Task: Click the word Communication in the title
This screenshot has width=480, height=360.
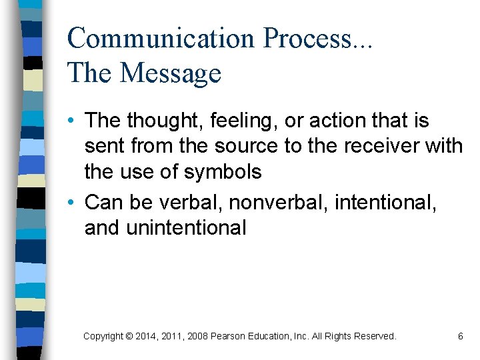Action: [x=161, y=38]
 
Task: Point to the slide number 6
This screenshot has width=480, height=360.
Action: [x=460, y=337]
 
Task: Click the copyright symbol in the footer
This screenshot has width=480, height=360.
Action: [x=128, y=337]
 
